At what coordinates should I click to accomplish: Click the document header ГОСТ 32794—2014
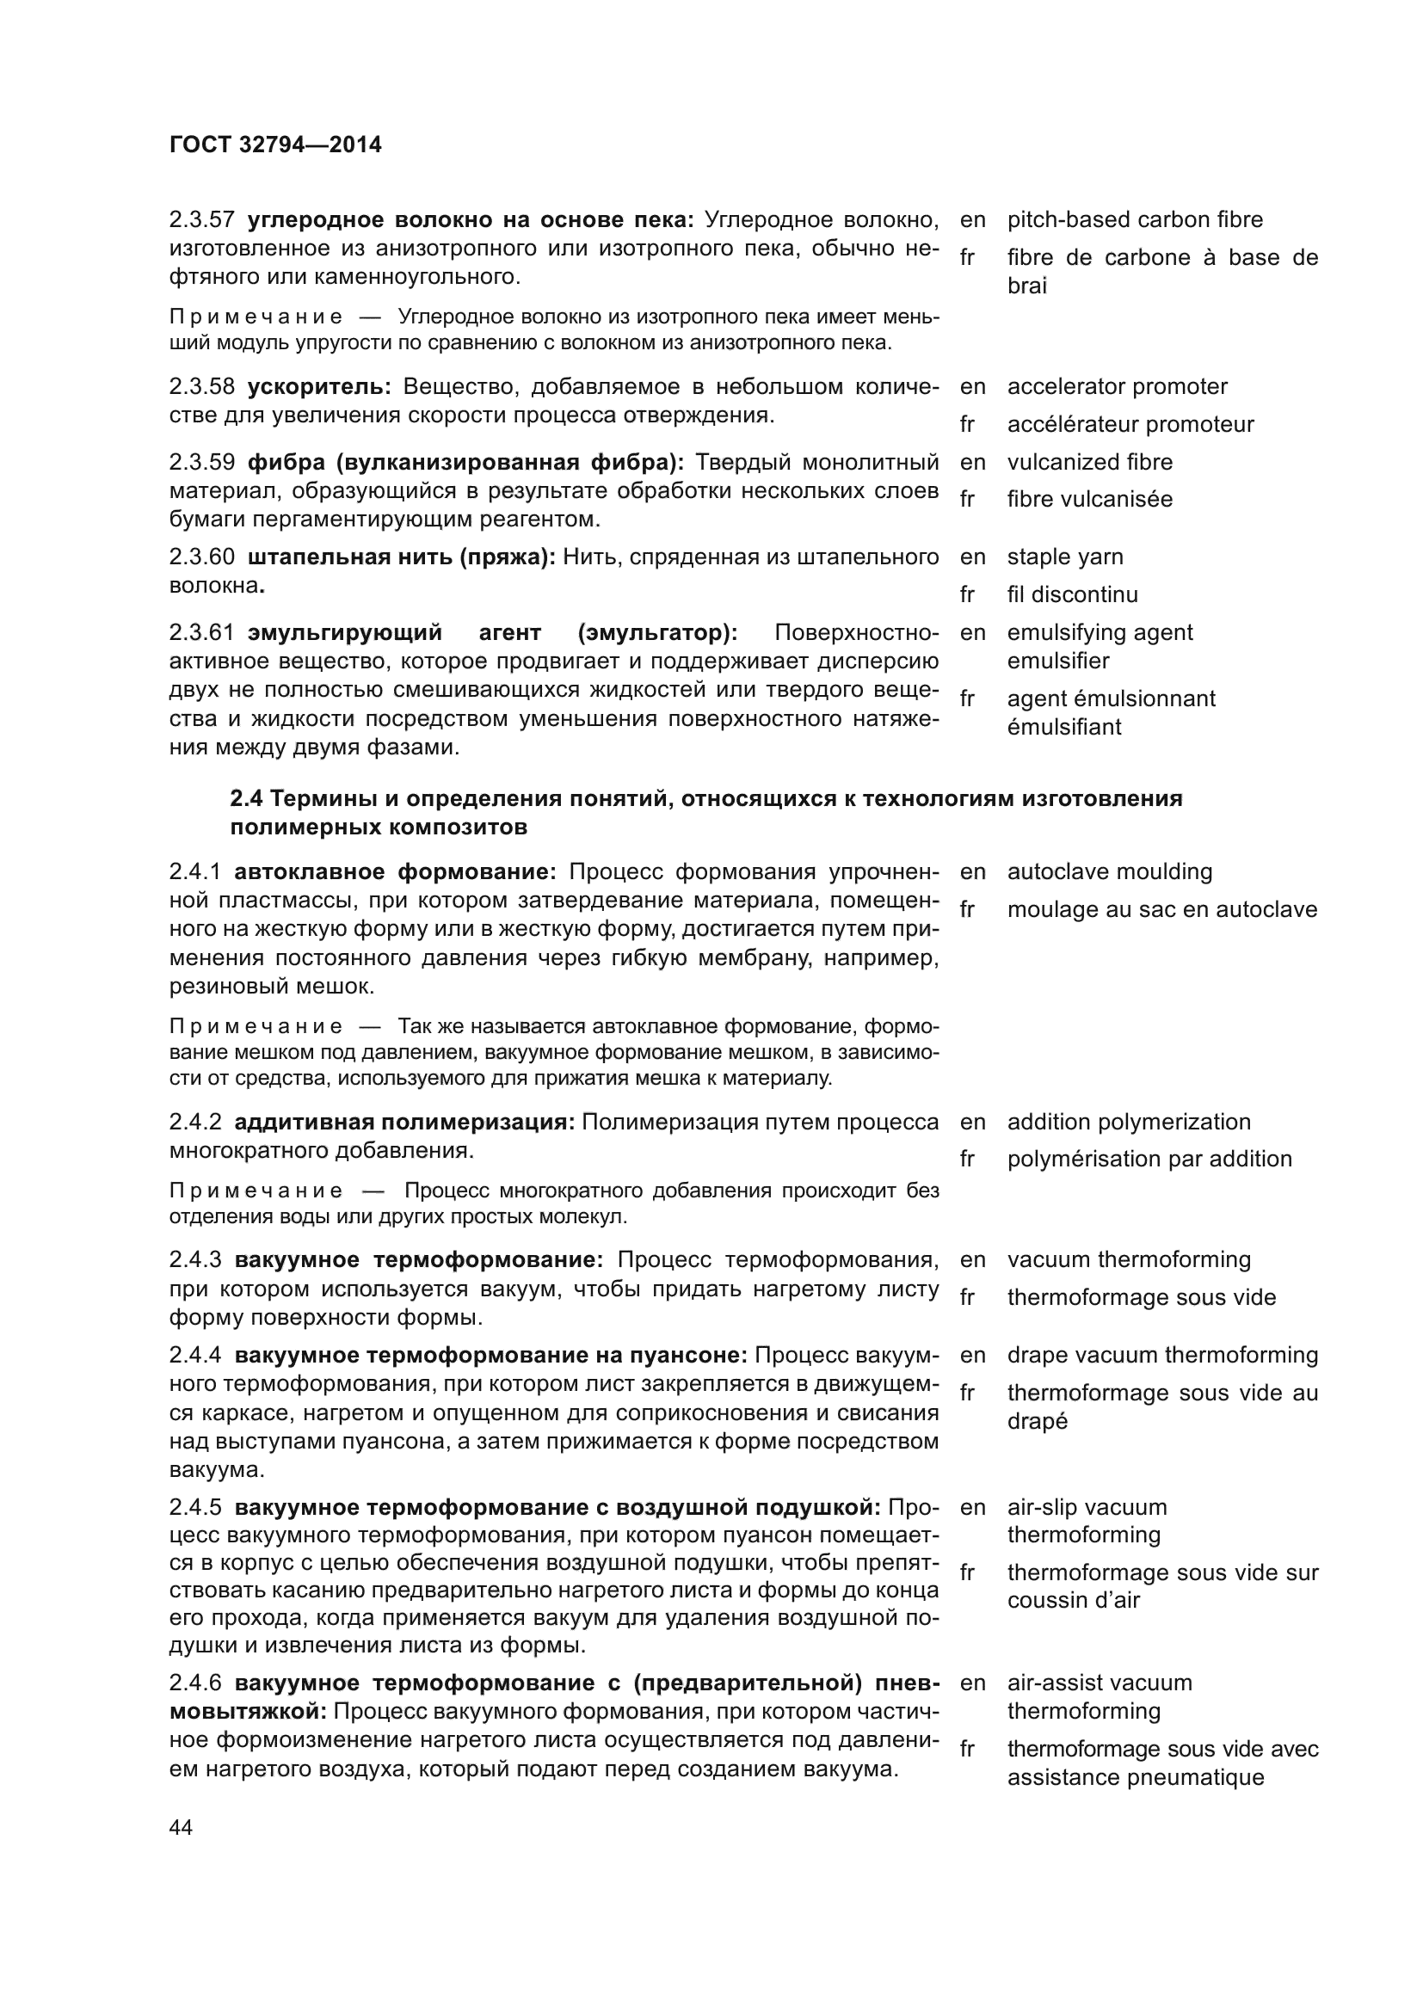[275, 145]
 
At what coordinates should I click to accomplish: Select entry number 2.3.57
[201, 220]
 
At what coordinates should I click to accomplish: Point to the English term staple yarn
[1064, 557]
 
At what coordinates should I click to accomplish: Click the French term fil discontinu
[1072, 595]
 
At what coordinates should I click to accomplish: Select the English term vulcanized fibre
[1089, 462]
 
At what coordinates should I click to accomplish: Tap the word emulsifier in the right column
[1057, 661]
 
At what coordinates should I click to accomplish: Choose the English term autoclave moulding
[1109, 872]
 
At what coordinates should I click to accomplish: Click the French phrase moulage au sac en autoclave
[1161, 909]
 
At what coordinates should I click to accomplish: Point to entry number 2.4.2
[195, 1122]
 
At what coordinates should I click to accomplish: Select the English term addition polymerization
[1129, 1122]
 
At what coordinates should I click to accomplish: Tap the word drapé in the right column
[1038, 1421]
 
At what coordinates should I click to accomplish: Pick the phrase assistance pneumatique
[1136, 1777]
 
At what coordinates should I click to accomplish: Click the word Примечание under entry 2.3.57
[256, 317]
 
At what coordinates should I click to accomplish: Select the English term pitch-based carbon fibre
[1135, 220]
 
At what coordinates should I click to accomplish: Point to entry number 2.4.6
[195, 1683]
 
